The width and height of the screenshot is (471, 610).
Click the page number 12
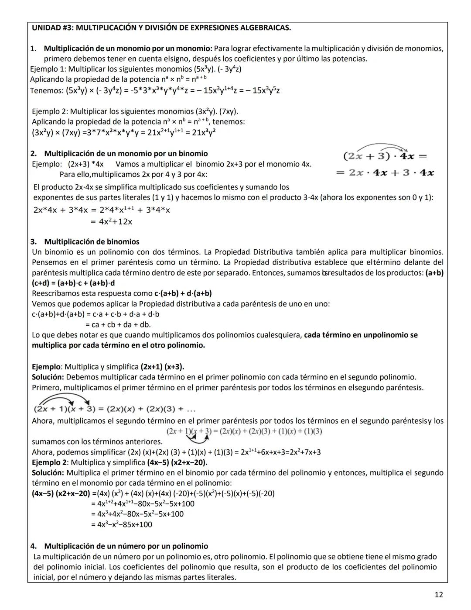point(439,594)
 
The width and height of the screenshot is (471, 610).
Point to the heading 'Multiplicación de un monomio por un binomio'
point(126,154)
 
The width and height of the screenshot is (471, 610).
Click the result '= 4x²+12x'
point(111,222)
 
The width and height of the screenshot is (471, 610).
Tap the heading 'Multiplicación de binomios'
point(92,242)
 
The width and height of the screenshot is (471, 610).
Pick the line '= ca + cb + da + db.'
point(118,325)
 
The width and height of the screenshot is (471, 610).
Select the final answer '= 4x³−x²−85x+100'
point(121,524)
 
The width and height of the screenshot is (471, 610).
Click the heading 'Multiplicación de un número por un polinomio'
point(126,546)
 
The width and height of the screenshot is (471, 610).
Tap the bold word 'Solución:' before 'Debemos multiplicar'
point(48,377)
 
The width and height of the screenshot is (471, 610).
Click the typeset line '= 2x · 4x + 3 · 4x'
point(385,173)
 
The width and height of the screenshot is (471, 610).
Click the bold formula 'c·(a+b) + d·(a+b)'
point(183,293)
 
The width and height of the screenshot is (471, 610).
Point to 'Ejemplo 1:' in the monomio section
point(48,69)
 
